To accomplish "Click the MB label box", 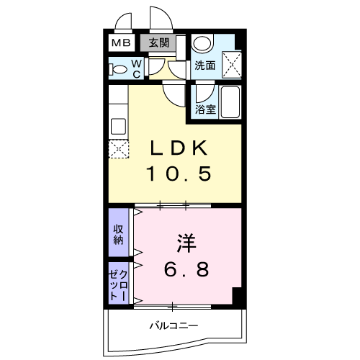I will [x=120, y=42].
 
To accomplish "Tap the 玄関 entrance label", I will [x=158, y=42].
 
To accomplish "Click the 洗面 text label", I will [x=205, y=66].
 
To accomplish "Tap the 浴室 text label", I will [x=205, y=110].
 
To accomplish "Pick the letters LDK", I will [x=178, y=148].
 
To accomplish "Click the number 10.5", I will [x=179, y=174].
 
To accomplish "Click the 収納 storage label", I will [x=118, y=235].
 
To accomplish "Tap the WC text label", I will [x=137, y=69].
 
